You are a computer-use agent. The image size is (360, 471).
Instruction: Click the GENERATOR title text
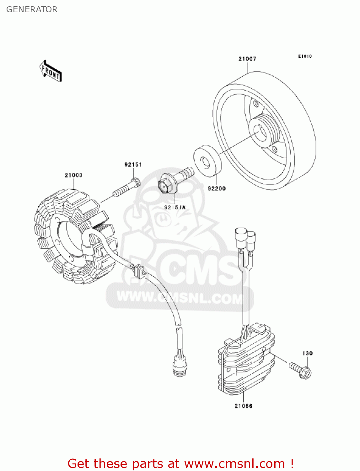[x=32, y=9]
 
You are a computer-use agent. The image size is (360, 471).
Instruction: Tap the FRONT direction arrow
[x=51, y=71]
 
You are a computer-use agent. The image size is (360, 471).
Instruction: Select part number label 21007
[x=247, y=59]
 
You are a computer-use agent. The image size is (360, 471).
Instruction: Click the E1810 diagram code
[x=305, y=56]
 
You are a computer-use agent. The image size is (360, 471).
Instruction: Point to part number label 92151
[x=133, y=165]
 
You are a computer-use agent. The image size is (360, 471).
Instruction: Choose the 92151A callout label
[x=175, y=207]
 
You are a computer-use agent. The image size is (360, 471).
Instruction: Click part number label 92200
[x=217, y=188]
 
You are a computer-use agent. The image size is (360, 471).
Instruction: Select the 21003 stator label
[x=73, y=175]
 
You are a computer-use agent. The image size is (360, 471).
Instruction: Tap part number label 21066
[x=243, y=406]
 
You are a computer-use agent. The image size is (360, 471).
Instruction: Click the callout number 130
[x=307, y=353]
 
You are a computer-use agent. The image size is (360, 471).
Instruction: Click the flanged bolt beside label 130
[x=301, y=370]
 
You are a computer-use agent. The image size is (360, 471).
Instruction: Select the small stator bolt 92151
[x=127, y=187]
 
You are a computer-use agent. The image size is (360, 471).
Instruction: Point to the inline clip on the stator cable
[x=138, y=271]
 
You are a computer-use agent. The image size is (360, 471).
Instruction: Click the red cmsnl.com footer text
[x=180, y=463]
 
